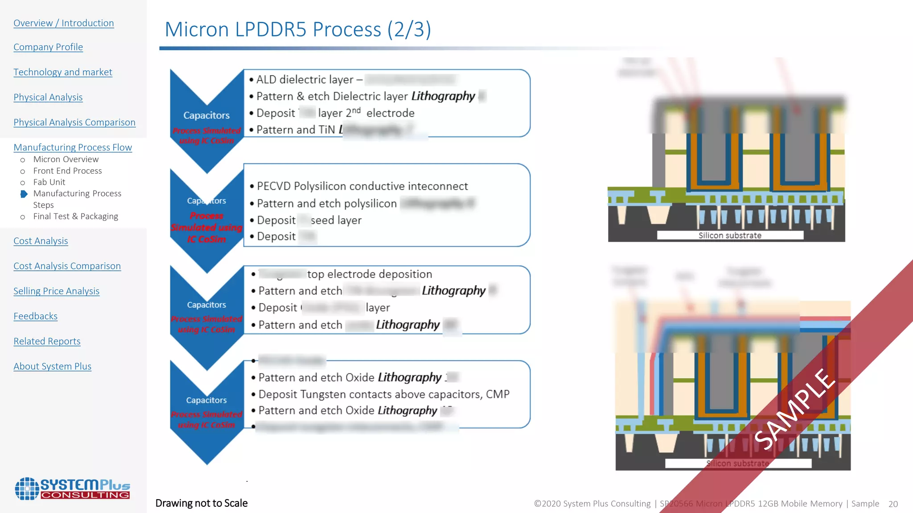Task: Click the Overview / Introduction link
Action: coord(64,23)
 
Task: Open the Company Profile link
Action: coord(48,47)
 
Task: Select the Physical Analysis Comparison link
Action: coord(74,122)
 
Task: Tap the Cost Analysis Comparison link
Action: coord(67,266)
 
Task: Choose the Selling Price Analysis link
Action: coord(56,291)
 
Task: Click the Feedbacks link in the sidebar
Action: coord(36,316)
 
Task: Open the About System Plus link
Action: coord(52,366)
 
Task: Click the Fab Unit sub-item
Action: coord(49,182)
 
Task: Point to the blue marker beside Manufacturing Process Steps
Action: coord(24,194)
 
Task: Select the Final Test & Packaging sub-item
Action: coord(75,216)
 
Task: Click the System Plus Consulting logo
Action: coord(73,489)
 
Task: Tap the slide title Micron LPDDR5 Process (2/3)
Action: coord(298,30)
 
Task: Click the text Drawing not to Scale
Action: coord(202,503)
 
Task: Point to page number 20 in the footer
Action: coord(893,504)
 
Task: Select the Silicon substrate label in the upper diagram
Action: coord(730,236)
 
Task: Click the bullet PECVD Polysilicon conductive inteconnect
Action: coord(362,186)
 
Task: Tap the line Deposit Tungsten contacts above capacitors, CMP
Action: coord(383,395)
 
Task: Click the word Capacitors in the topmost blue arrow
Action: coord(206,116)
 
